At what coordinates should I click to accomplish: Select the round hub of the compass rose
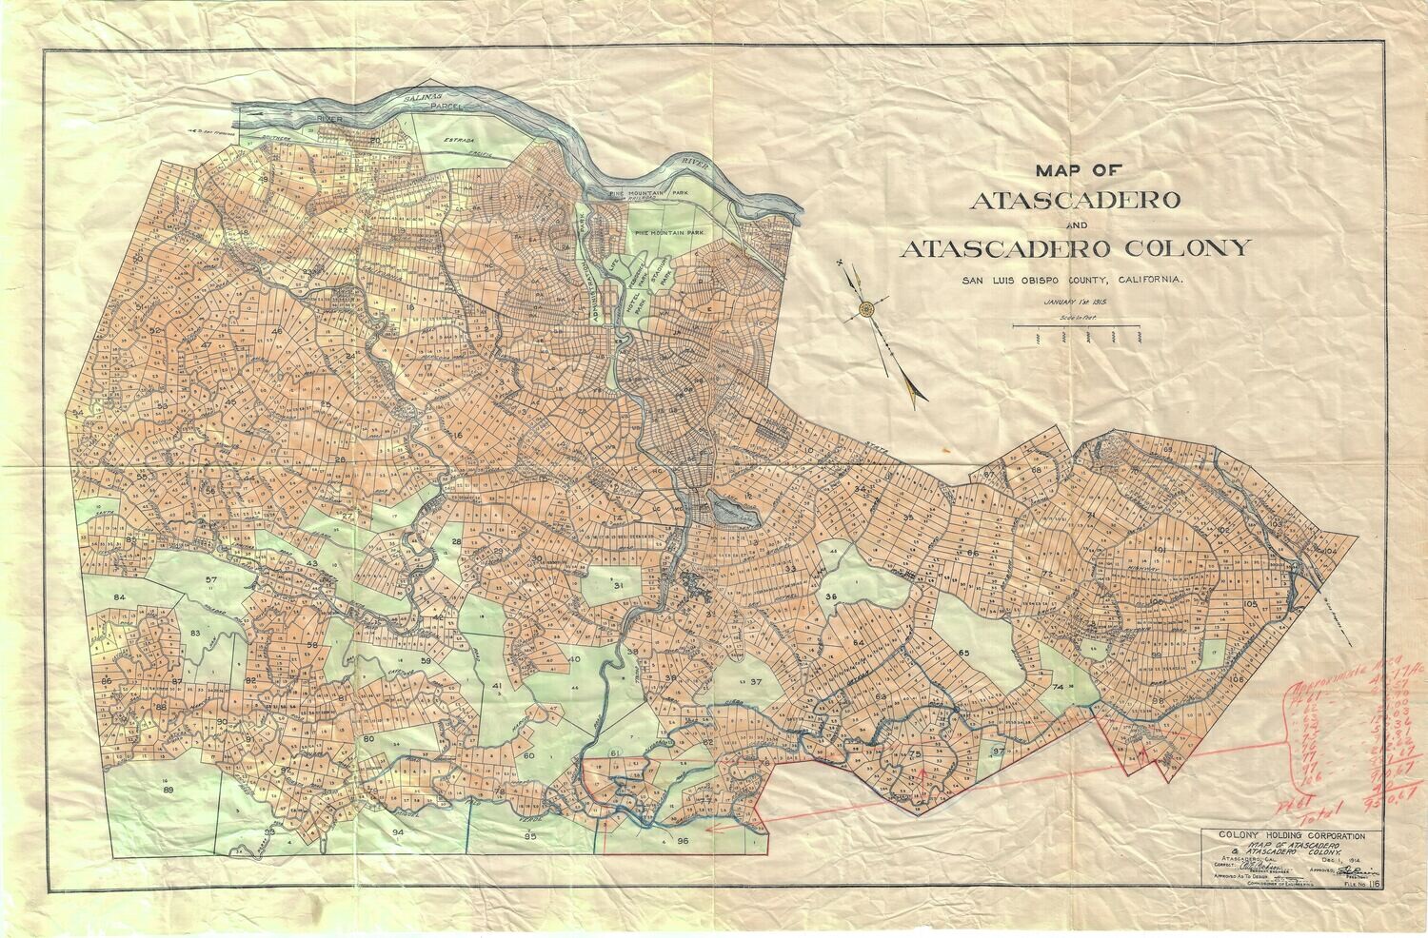click(x=865, y=308)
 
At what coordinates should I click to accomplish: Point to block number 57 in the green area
click(x=210, y=579)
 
